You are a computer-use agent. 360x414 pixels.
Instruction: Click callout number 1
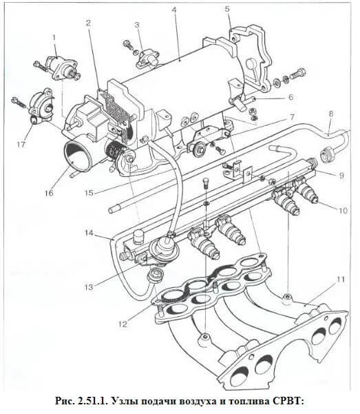54,38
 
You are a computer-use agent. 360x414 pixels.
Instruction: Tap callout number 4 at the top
173,10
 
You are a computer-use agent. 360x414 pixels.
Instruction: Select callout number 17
21,144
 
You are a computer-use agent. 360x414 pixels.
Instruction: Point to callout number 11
341,280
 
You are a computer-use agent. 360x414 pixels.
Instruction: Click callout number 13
89,287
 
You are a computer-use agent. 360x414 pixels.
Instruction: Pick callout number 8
331,114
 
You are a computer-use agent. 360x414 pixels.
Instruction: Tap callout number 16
49,193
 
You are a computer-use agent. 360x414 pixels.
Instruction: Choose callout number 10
343,210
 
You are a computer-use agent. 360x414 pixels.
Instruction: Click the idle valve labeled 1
61,67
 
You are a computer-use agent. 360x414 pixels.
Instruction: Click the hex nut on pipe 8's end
327,155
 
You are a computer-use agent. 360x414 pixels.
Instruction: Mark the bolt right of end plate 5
298,73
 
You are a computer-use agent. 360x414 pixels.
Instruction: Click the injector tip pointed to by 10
315,200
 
